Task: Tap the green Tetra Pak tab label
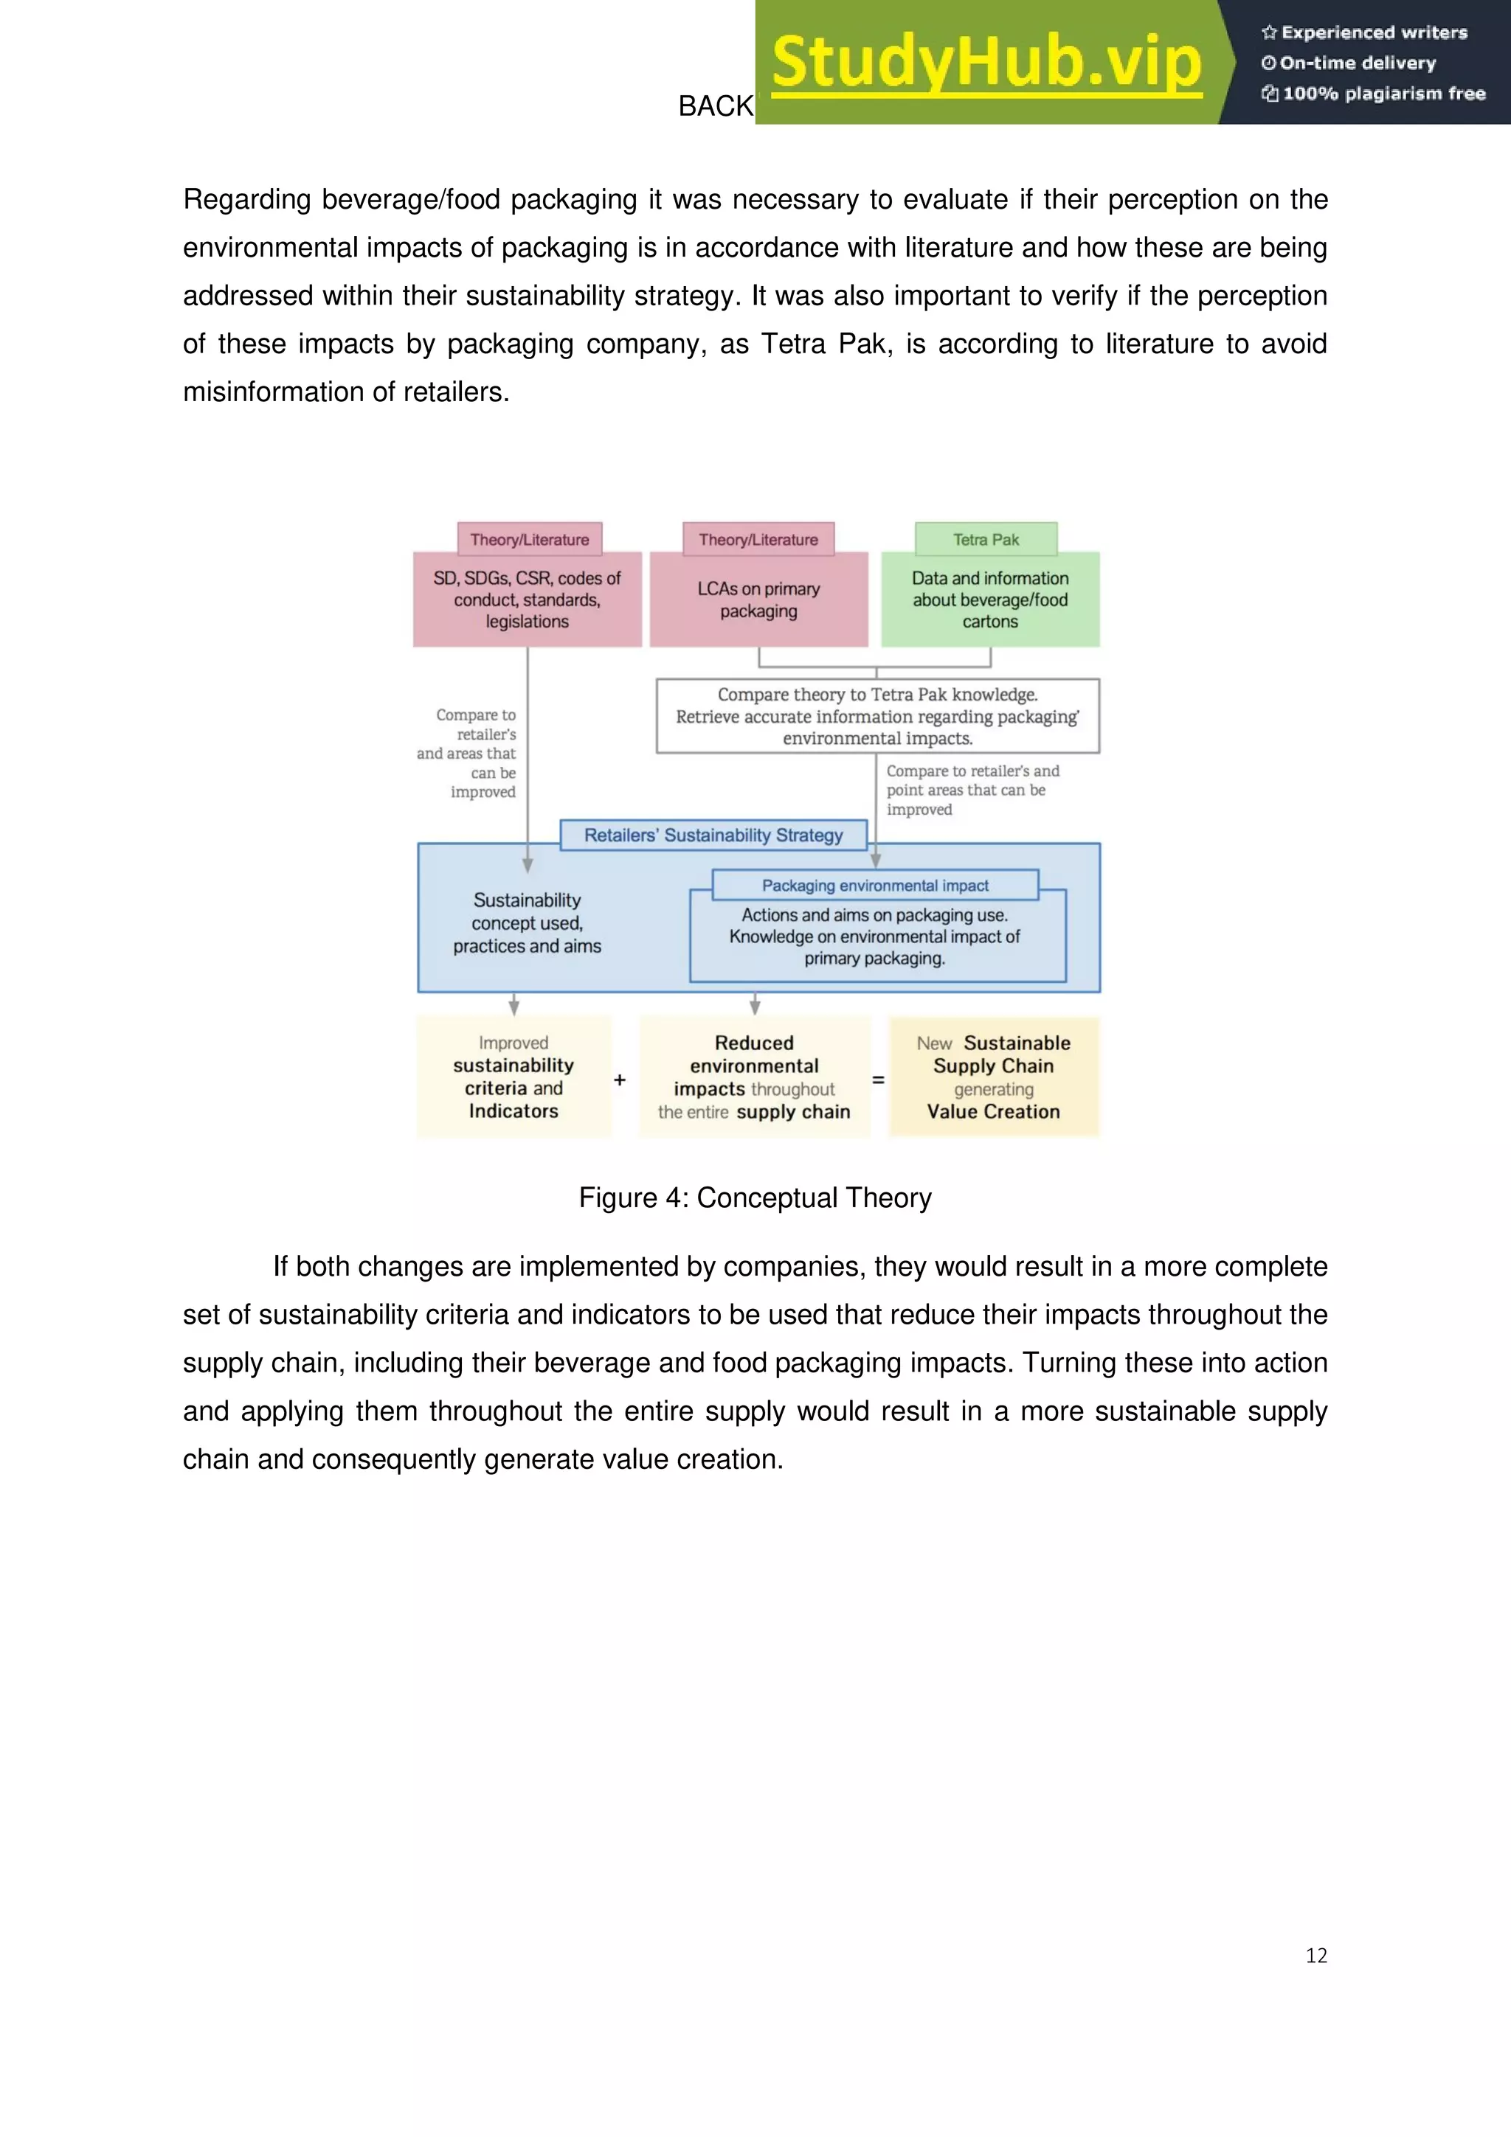[986, 540]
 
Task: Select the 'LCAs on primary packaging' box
[758, 600]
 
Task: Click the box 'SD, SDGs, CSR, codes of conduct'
[527, 600]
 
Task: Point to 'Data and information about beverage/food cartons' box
[989, 600]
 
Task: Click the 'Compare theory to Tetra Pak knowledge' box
[877, 716]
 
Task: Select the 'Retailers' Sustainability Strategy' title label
[713, 835]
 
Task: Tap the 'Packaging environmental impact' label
[875, 885]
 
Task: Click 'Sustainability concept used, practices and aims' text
[527, 922]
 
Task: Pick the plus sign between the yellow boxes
[620, 1080]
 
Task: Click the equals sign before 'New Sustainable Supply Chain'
[878, 1080]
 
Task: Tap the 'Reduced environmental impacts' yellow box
[754, 1077]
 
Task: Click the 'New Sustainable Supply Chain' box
[993, 1077]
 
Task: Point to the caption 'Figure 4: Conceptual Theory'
[755, 1197]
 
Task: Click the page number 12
[1315, 1956]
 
